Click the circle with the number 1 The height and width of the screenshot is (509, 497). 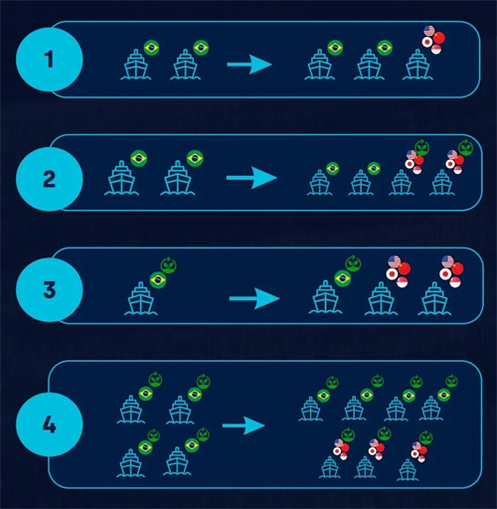[x=50, y=60]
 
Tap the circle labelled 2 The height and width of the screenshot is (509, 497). [x=50, y=179]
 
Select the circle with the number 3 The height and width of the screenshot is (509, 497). [x=50, y=290]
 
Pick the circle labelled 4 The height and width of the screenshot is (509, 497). [x=50, y=424]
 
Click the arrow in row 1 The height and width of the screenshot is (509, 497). [x=249, y=65]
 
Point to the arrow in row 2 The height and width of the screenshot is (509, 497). [x=251, y=178]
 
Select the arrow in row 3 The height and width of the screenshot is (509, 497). [x=254, y=298]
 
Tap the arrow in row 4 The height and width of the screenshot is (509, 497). [x=244, y=425]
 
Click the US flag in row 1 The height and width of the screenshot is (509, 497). [x=429, y=31]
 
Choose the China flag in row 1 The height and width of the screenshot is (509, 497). [x=438, y=38]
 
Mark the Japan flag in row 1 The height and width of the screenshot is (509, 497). [x=427, y=42]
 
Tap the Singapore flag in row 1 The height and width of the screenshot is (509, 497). [x=436, y=50]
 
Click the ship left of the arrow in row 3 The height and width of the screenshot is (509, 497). [x=141, y=298]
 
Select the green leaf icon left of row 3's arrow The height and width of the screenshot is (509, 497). [x=169, y=265]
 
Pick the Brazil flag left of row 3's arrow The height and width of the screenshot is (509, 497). [x=158, y=280]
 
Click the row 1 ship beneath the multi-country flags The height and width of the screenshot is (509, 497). [x=417, y=65]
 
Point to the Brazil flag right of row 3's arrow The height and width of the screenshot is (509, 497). [x=343, y=278]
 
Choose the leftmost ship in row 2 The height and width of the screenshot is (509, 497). [x=121, y=178]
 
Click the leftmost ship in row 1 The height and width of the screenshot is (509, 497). [x=136, y=65]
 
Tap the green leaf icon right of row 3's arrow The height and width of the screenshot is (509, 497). [x=353, y=263]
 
